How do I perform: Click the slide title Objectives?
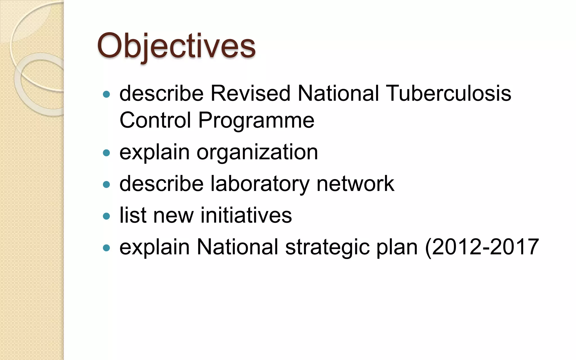tap(176, 46)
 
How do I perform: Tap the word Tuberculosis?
tap(449, 93)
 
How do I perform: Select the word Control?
tap(155, 120)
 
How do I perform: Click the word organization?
tap(257, 152)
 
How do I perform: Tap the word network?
tap(355, 184)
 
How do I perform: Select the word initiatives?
tap(246, 215)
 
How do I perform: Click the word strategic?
tap(327, 247)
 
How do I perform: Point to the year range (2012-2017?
tap(482, 247)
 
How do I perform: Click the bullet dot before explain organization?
tap(106, 153)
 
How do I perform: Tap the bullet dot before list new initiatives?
tap(106, 216)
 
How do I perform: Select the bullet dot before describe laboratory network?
tap(106, 184)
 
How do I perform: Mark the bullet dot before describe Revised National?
tap(106, 94)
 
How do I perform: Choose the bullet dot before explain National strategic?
tap(106, 247)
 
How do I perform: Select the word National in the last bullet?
tap(237, 247)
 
